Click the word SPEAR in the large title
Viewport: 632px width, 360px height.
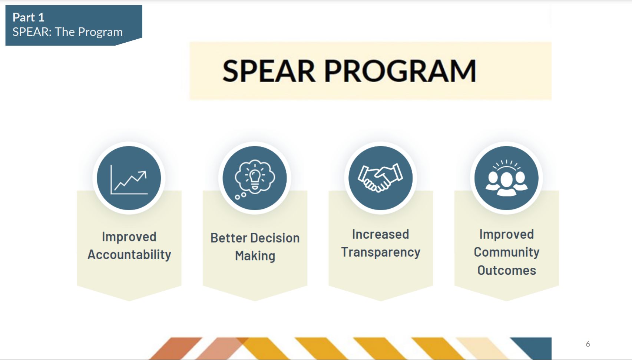coord(269,71)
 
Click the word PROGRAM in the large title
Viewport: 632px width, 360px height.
coord(400,71)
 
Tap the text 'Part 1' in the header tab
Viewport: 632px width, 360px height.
coord(29,17)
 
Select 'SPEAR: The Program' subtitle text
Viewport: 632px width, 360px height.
coord(67,32)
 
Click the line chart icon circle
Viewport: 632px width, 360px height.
coord(129,178)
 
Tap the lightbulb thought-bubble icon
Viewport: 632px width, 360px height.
coord(255,178)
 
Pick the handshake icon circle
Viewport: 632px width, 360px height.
coord(380,178)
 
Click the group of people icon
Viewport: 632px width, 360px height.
coord(506,178)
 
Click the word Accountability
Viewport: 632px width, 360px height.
coord(129,255)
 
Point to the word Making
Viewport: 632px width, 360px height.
coord(255,256)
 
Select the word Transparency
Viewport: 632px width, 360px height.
coord(381,252)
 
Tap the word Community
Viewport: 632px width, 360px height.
coord(506,252)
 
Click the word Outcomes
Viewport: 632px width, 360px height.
coord(506,270)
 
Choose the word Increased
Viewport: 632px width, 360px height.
coord(380,234)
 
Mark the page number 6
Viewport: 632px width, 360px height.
coord(588,344)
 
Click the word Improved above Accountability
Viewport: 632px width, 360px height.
coord(129,237)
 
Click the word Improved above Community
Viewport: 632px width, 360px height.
coord(506,234)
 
